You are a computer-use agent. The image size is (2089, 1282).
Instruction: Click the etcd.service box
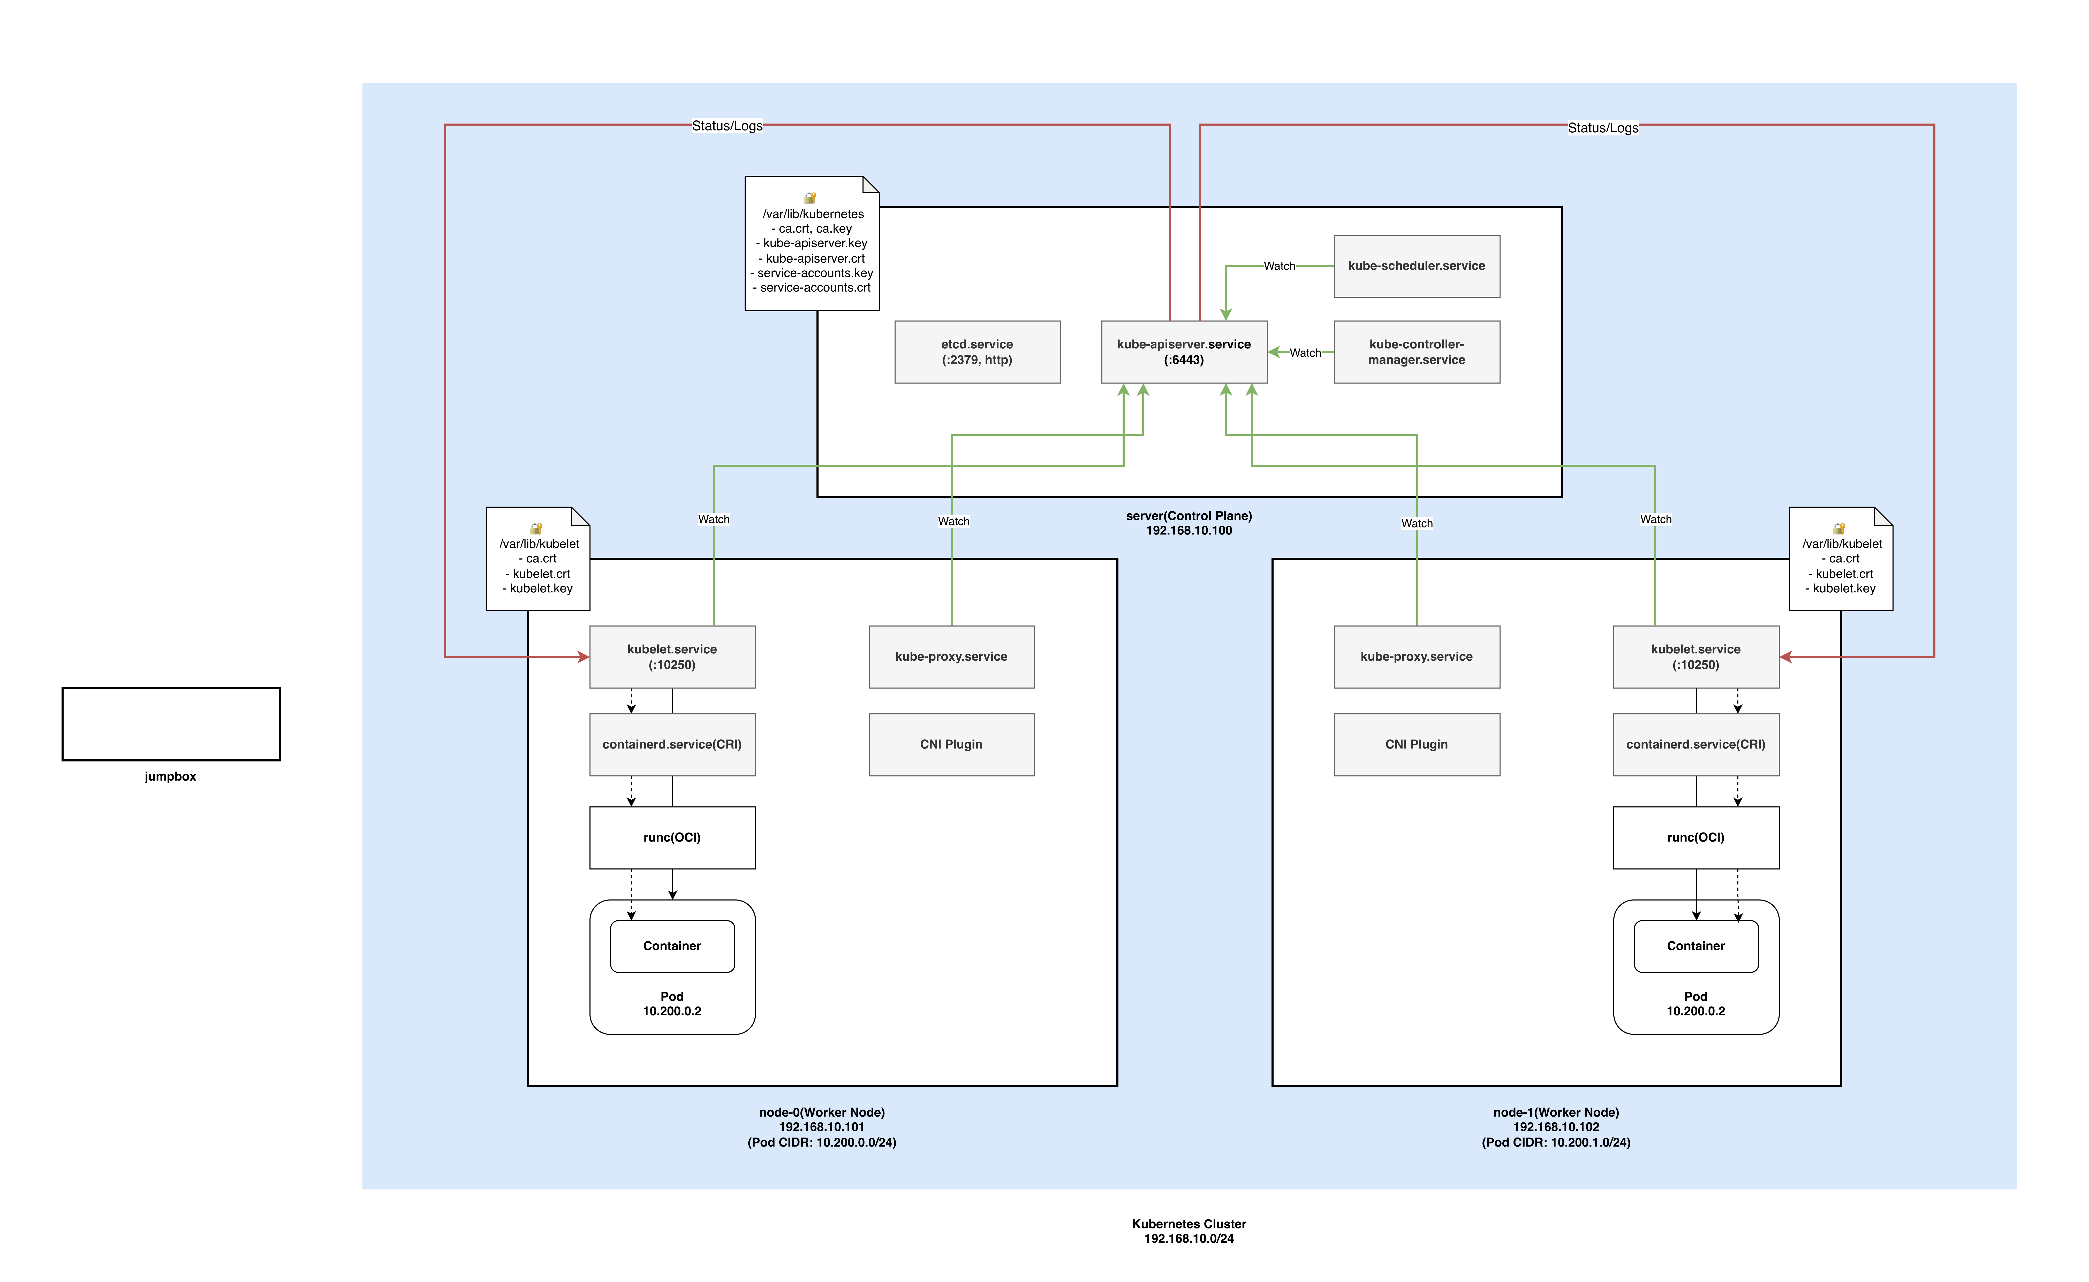pyautogui.click(x=977, y=352)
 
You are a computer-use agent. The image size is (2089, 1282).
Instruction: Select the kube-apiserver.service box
pyautogui.click(x=1184, y=352)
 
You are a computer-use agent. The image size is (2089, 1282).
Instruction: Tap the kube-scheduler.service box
pyautogui.click(x=1417, y=266)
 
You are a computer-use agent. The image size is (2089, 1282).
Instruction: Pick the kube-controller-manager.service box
pyautogui.click(x=1417, y=352)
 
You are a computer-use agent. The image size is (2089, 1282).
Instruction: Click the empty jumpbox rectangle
pyautogui.click(x=170, y=724)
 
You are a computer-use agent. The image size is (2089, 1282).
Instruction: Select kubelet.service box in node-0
pyautogui.click(x=672, y=657)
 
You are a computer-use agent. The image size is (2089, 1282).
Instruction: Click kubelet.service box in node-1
pyautogui.click(x=1696, y=657)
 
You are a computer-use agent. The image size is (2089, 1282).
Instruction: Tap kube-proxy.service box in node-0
pyautogui.click(x=951, y=657)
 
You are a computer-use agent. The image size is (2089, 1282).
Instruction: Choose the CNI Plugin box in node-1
pyautogui.click(x=1417, y=744)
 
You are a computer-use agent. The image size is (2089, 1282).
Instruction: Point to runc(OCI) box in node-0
pyautogui.click(x=672, y=838)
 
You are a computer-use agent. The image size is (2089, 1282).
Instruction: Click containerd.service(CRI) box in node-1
pyautogui.click(x=1696, y=744)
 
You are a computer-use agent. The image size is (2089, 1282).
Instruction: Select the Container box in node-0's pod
pyautogui.click(x=672, y=946)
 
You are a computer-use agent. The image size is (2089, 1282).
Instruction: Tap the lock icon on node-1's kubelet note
pyautogui.click(x=1839, y=528)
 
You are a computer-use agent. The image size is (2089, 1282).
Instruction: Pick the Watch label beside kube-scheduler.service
pyautogui.click(x=1279, y=266)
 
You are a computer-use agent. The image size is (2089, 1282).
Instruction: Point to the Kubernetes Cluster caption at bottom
pyautogui.click(x=1188, y=1231)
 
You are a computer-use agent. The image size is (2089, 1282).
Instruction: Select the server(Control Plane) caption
pyautogui.click(x=1188, y=523)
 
